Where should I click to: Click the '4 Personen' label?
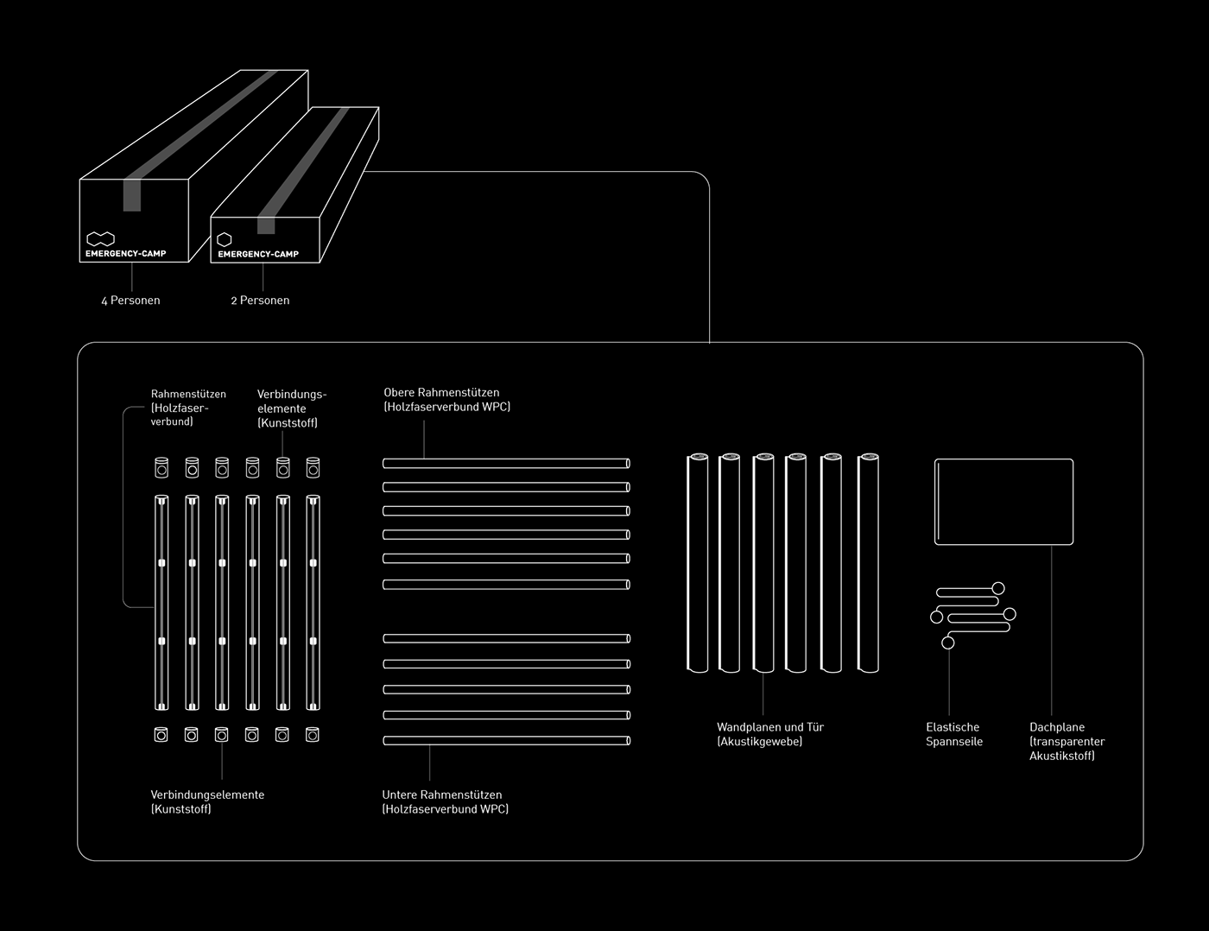tap(130, 301)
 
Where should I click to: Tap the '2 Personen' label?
tap(260, 301)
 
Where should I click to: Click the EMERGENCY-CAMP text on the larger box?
tap(126, 254)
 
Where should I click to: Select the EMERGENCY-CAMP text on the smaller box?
tap(258, 254)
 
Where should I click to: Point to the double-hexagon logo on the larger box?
tap(100, 238)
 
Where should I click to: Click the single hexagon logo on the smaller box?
tap(225, 239)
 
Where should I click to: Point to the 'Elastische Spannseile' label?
tap(953, 734)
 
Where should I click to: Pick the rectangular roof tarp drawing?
tap(1003, 502)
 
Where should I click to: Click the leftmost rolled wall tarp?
tap(698, 562)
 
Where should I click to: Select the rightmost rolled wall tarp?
tap(868, 562)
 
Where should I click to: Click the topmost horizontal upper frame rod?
tap(506, 464)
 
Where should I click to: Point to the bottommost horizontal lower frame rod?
tap(506, 741)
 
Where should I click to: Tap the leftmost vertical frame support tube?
tap(161, 602)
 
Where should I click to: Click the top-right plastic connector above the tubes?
tap(313, 467)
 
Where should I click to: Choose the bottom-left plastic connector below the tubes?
tap(161, 734)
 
